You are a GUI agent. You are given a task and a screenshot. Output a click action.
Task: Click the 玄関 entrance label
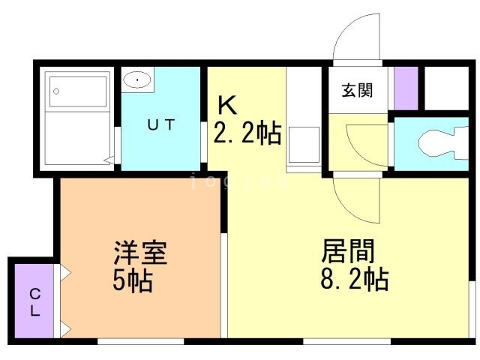click(x=357, y=91)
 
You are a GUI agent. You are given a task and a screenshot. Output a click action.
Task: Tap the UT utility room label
click(x=160, y=125)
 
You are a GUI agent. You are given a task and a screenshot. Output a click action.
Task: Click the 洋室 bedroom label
click(x=139, y=252)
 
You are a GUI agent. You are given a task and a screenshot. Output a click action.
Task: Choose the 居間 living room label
click(x=348, y=250)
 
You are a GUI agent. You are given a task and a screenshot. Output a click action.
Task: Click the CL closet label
click(x=34, y=302)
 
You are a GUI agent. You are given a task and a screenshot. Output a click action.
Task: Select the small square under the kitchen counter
click(x=304, y=142)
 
